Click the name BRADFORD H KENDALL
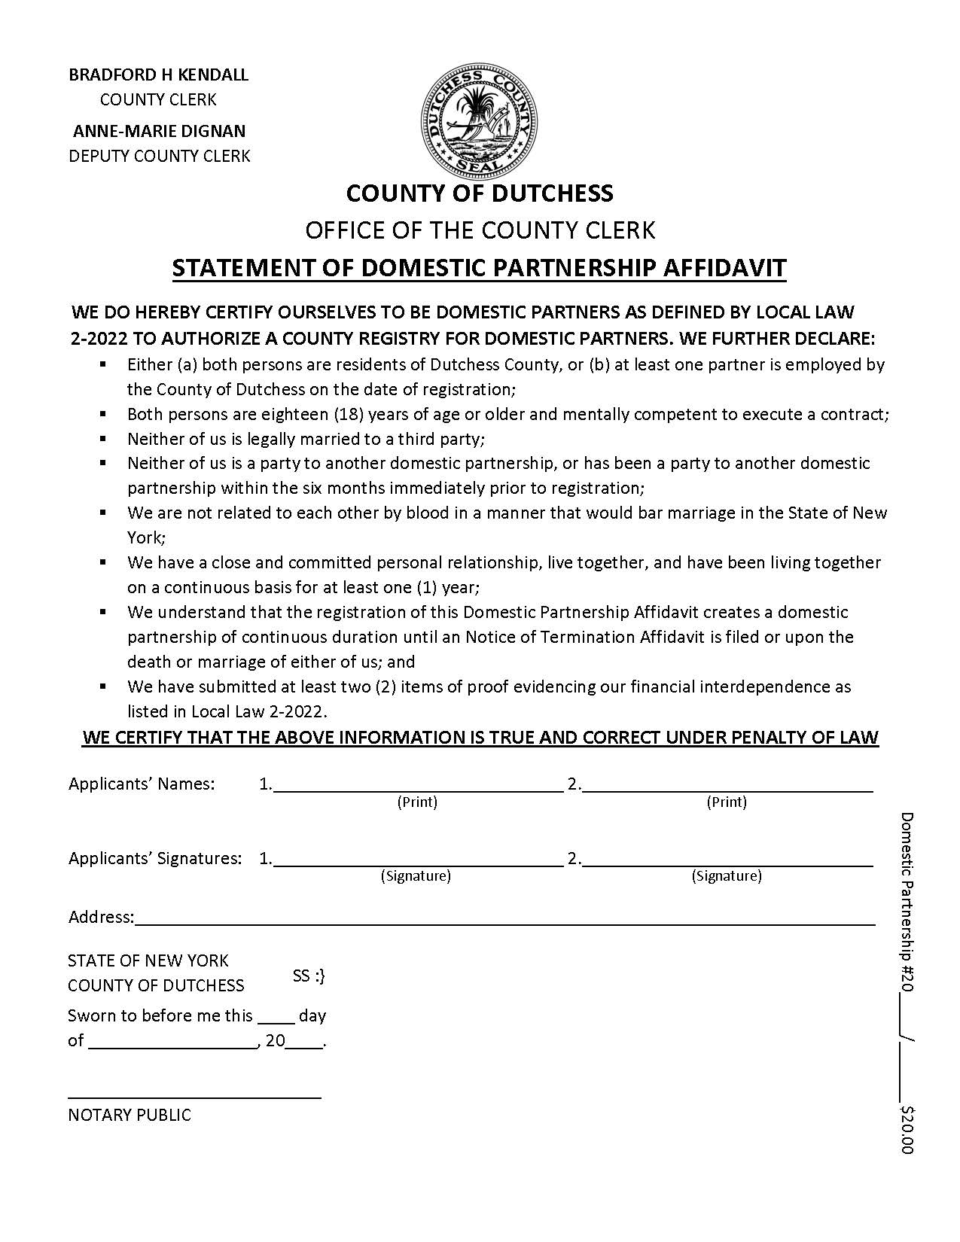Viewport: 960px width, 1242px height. [158, 75]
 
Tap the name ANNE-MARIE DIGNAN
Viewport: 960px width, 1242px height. [159, 131]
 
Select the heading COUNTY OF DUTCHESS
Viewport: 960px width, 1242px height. [480, 193]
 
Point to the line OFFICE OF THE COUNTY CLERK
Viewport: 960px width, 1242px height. [480, 230]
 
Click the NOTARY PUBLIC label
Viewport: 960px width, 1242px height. [130, 1115]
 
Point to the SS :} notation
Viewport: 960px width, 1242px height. [309, 976]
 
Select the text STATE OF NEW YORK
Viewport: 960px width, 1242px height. [148, 960]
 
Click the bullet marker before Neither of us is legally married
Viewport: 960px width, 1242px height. [103, 438]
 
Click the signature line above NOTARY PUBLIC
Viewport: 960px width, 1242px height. [194, 1096]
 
